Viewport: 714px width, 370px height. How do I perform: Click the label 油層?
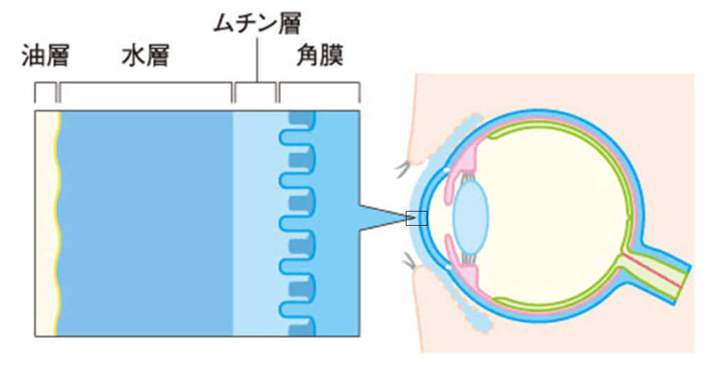(x=45, y=56)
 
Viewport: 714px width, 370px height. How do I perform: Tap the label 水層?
(x=145, y=56)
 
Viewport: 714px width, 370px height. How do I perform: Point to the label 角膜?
(x=319, y=56)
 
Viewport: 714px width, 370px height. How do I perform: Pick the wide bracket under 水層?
(x=146, y=84)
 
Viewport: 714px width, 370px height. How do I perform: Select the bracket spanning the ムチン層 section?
(x=255, y=84)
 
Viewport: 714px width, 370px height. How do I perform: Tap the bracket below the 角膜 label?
(x=319, y=84)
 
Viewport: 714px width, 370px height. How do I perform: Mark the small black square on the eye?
(x=416, y=218)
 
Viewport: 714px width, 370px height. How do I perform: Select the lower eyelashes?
(x=407, y=263)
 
